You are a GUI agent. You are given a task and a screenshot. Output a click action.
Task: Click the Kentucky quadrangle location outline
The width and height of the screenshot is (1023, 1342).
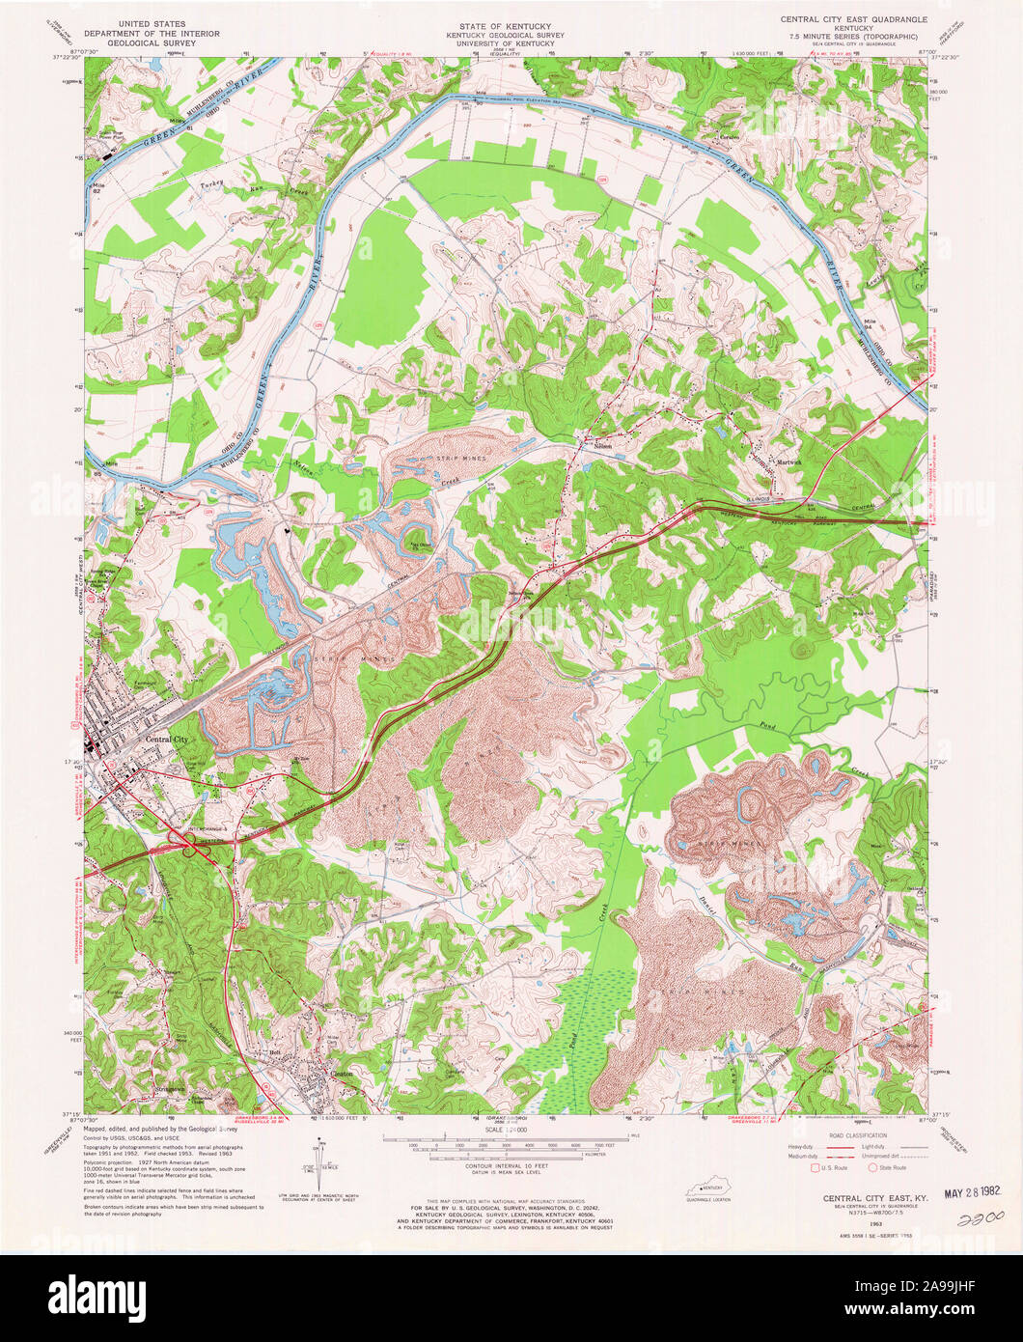pos(707,1188)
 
